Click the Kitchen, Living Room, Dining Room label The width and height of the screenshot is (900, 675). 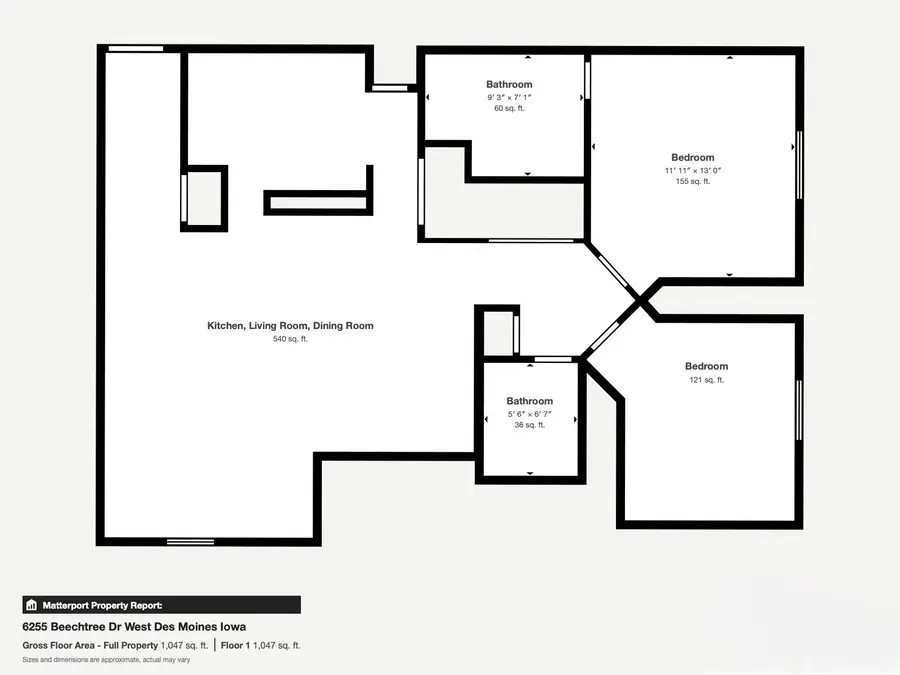pyautogui.click(x=290, y=326)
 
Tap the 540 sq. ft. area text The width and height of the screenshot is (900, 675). pyautogui.click(x=290, y=339)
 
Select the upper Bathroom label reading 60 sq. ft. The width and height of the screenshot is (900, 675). pyautogui.click(x=509, y=85)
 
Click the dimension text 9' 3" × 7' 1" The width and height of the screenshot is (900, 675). pyautogui.click(x=509, y=97)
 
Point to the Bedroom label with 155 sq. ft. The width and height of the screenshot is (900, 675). pyautogui.click(x=692, y=158)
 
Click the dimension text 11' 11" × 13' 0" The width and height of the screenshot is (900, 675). pyautogui.click(x=692, y=170)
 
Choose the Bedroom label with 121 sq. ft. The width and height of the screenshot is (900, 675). pyautogui.click(x=706, y=367)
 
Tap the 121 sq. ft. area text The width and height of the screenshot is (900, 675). pyautogui.click(x=706, y=380)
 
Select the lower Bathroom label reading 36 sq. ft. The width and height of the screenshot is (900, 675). pyautogui.click(x=529, y=402)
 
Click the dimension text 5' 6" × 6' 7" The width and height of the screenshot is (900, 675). pyautogui.click(x=529, y=414)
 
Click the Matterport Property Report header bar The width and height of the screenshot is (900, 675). pyautogui.click(x=161, y=605)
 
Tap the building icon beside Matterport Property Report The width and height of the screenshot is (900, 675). pyautogui.click(x=31, y=605)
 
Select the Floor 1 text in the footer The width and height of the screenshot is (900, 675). pyautogui.click(x=236, y=645)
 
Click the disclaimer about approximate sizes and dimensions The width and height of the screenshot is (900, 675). pyautogui.click(x=106, y=660)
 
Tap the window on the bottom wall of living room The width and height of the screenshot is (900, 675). pyautogui.click(x=190, y=542)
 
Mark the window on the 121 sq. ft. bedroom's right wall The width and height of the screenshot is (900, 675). pyautogui.click(x=799, y=410)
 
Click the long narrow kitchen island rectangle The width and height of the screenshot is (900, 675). pyautogui.click(x=318, y=203)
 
